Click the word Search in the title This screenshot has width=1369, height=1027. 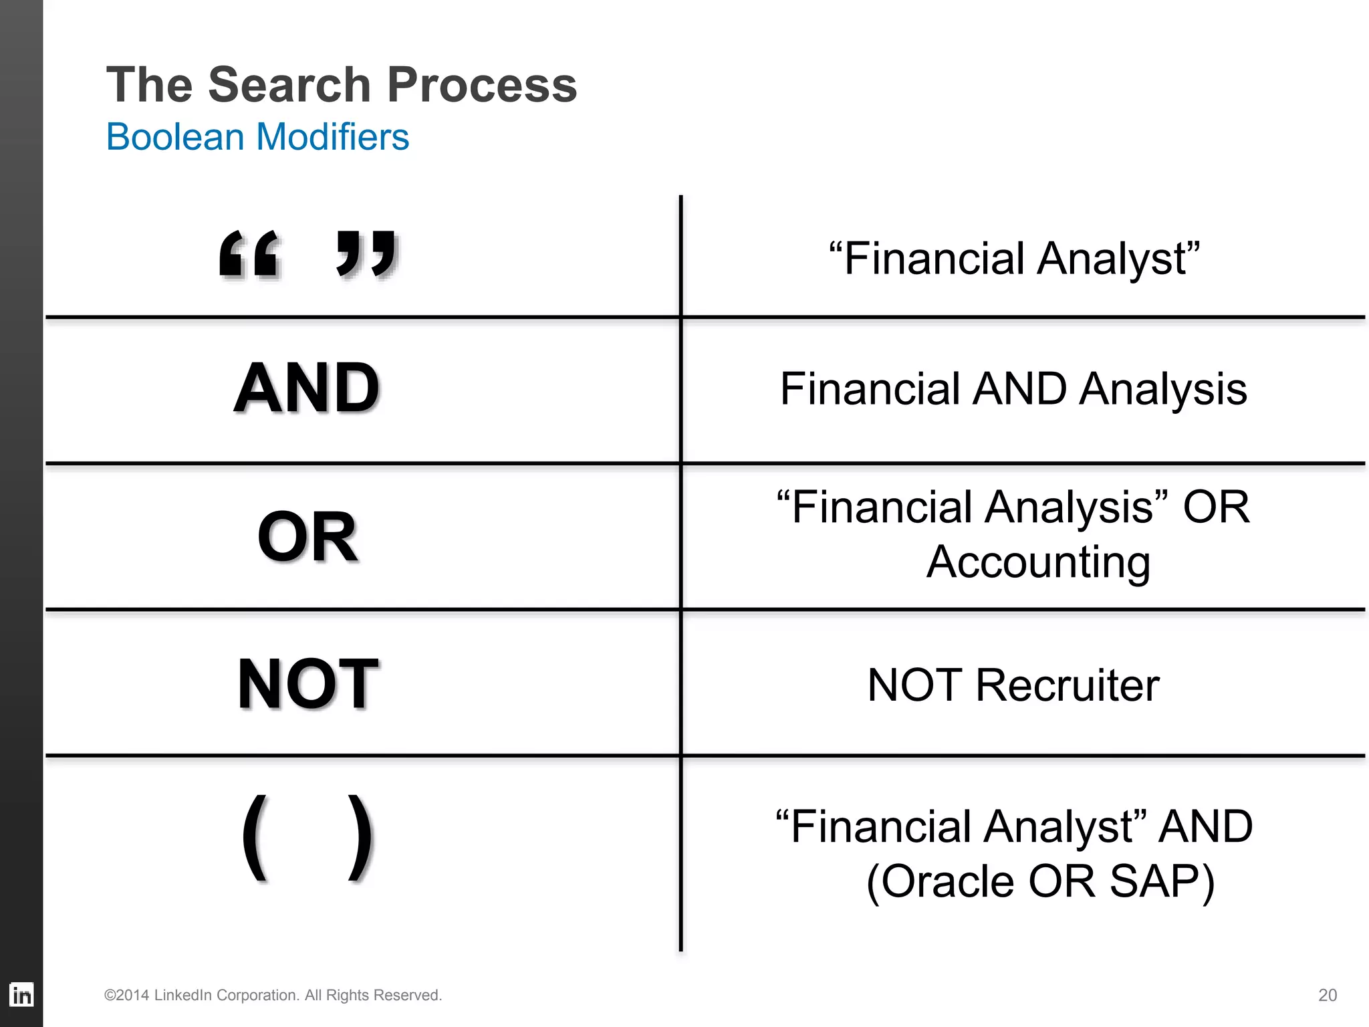tap(289, 85)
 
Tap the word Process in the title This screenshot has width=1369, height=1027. tap(482, 85)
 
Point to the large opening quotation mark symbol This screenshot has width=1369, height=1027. tap(249, 254)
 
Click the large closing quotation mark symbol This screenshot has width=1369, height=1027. tap(367, 254)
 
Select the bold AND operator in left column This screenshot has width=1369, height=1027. tap(307, 388)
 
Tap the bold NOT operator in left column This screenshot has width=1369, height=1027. tap(308, 683)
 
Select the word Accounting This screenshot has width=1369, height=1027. tap(1038, 562)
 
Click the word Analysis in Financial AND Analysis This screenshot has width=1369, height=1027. tap(1162, 389)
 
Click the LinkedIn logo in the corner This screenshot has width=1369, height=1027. tap(21, 995)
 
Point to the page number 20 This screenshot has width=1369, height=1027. tap(1327, 995)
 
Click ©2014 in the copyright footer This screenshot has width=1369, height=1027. tap(126, 995)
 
